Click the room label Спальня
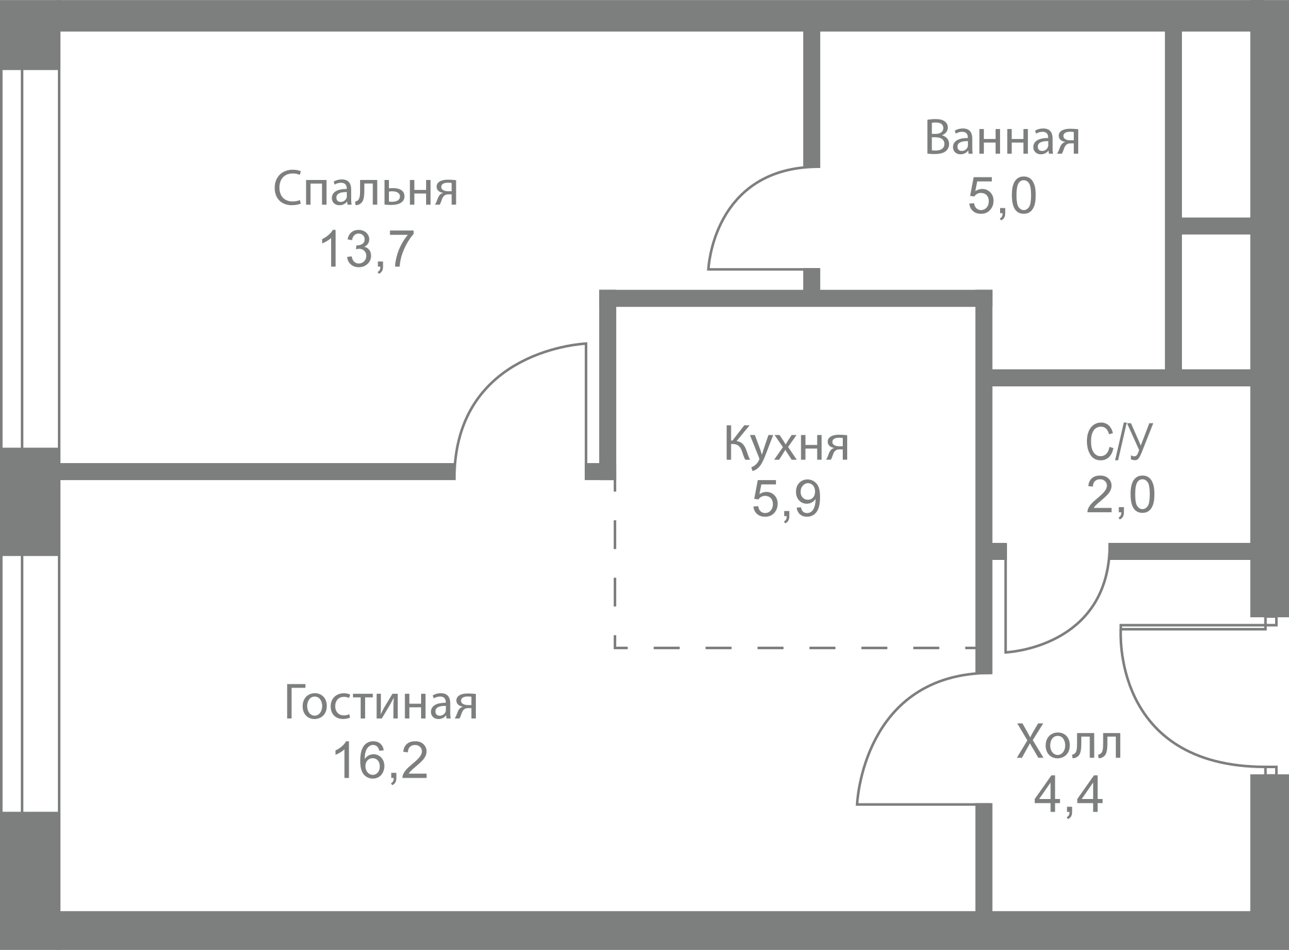coord(366,189)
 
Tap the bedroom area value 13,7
coord(367,250)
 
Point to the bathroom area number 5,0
coord(1002,197)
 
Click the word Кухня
coord(787,444)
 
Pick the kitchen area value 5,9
coord(787,500)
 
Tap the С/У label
coord(1119,442)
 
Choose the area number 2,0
coord(1120,495)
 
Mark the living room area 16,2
coord(381,760)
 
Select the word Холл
coord(1069,742)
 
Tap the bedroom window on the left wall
coord(30,259)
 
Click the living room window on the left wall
coord(30,683)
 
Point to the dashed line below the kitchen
coord(795,647)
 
